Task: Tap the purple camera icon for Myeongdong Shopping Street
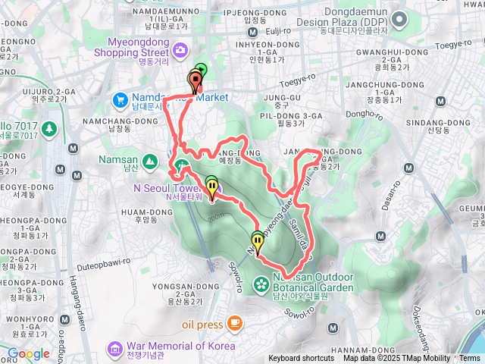(180, 52)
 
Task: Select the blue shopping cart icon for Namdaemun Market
(120, 99)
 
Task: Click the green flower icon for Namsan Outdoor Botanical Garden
(261, 284)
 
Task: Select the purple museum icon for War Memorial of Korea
(114, 347)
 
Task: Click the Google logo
(29, 353)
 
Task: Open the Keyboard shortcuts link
(300, 359)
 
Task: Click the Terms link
(469, 359)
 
